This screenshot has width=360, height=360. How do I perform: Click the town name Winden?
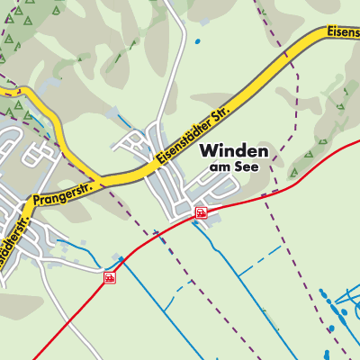233,150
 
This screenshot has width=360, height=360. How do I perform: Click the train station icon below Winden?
201,213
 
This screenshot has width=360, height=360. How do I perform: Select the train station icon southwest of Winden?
110,277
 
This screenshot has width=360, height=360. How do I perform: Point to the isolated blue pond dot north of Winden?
197,41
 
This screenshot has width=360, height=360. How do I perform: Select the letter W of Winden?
208,150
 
